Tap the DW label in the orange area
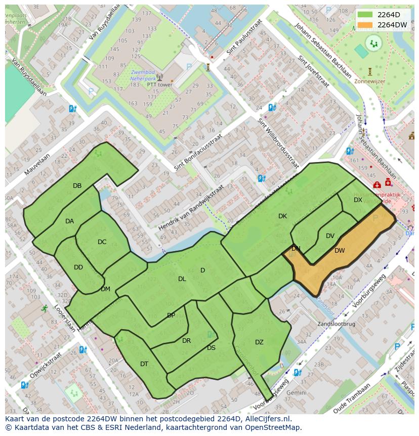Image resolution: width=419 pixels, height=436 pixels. point(340,251)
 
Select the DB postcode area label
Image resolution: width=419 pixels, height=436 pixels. point(77,186)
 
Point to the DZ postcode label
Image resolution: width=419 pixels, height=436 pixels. point(259,342)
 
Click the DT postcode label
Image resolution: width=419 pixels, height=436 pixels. point(144,364)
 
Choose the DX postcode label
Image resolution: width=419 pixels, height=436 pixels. point(358,200)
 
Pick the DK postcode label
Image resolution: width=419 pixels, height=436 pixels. point(282,216)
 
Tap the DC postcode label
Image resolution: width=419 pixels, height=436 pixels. point(102,242)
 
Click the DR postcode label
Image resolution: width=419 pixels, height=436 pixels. point(186,341)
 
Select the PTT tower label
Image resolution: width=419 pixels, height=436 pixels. point(159,85)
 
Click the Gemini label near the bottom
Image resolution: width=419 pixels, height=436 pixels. point(296,392)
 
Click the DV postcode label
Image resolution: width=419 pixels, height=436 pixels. point(330,236)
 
